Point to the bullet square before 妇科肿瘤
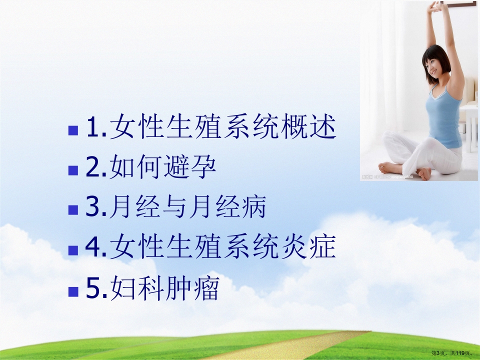coord(73,289)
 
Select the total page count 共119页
coord(460,353)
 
